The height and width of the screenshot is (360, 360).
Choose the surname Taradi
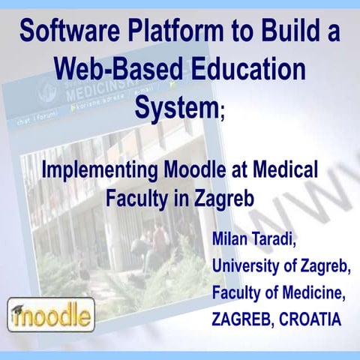(289, 241)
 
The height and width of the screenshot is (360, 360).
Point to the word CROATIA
(310, 318)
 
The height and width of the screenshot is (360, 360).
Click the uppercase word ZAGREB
(243, 318)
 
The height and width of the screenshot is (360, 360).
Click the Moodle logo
(50, 315)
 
